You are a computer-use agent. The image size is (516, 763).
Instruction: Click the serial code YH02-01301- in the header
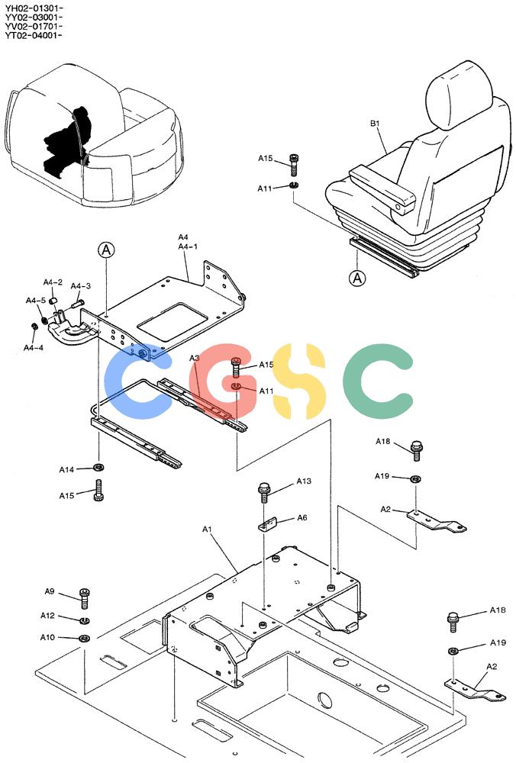[34, 8]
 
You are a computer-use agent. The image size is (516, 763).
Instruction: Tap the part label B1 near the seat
[375, 124]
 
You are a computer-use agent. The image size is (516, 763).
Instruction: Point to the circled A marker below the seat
[358, 278]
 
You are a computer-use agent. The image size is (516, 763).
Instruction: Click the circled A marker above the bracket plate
[106, 250]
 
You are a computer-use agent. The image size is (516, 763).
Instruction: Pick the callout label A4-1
[188, 246]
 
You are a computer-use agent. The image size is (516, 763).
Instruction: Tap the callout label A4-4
[34, 347]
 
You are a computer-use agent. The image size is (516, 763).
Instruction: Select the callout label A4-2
[53, 282]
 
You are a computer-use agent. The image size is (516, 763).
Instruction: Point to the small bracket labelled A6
[268, 525]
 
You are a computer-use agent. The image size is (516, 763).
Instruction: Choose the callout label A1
[208, 529]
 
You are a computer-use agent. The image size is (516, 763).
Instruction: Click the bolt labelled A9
[84, 598]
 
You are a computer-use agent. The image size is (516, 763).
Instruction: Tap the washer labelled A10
[84, 638]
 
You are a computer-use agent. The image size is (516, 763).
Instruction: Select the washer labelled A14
[98, 468]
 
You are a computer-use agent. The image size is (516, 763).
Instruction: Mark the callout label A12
[47, 616]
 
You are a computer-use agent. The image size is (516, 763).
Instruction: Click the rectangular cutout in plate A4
[173, 322]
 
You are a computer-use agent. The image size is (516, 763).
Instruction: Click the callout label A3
[194, 358]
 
